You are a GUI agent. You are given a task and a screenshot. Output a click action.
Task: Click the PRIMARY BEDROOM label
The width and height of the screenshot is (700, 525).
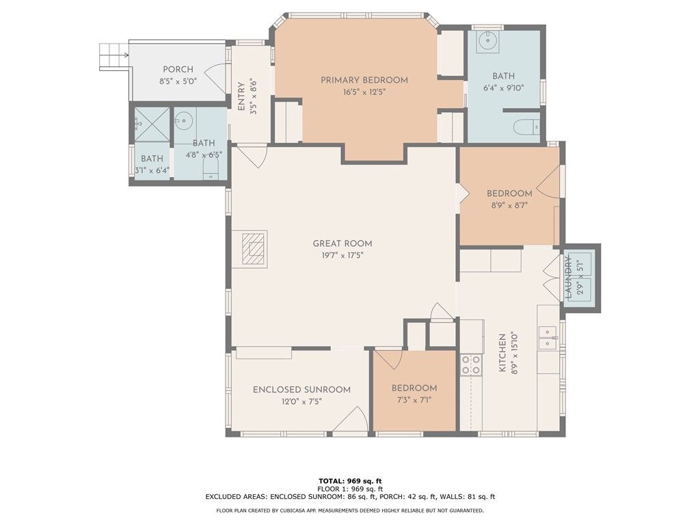click(364, 81)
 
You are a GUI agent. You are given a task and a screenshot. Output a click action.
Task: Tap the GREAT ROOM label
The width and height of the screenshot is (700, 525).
click(342, 244)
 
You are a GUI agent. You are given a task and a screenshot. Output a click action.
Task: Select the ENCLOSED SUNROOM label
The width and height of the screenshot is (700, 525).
click(301, 390)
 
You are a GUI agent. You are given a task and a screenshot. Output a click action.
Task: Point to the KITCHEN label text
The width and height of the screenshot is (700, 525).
click(502, 353)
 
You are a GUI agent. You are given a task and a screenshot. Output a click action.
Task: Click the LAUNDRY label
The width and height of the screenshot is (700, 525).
click(569, 277)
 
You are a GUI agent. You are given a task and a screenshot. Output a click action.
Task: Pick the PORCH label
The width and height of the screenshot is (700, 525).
click(178, 70)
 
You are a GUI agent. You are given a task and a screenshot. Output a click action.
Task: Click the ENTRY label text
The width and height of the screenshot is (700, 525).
click(241, 96)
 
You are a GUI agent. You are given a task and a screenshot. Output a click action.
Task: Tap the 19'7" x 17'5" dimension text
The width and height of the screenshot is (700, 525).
click(342, 256)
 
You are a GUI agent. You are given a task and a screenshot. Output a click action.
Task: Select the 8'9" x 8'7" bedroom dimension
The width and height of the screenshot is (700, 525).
click(509, 205)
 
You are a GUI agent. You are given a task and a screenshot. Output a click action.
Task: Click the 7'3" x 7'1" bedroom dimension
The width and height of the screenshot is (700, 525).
click(414, 401)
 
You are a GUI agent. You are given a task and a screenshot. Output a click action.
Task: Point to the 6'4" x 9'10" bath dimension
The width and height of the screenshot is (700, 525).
click(504, 88)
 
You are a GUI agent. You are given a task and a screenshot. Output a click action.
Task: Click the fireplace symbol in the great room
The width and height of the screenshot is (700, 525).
click(254, 249)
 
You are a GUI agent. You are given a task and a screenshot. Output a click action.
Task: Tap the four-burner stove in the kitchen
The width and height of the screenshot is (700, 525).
click(471, 364)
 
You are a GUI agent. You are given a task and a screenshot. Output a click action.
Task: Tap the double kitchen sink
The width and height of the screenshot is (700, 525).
click(548, 338)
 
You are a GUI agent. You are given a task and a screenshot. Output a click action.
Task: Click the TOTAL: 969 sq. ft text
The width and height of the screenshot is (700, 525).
click(350, 481)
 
